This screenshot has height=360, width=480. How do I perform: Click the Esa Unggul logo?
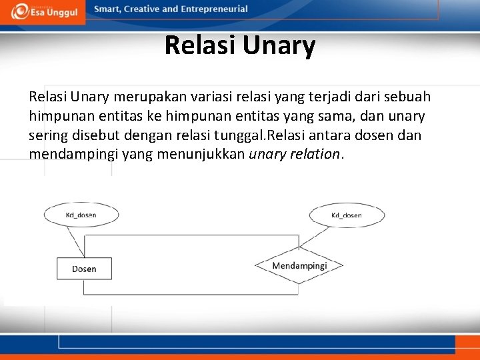click(43, 11)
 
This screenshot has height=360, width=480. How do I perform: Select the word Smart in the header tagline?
click(109, 9)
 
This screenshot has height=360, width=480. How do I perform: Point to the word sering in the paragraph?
click(47, 136)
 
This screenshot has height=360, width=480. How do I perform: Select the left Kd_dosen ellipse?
click(81, 215)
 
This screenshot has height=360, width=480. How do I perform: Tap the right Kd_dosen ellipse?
click(346, 215)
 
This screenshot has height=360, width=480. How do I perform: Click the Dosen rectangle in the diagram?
click(84, 269)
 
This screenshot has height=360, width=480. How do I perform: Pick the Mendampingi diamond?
click(299, 266)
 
